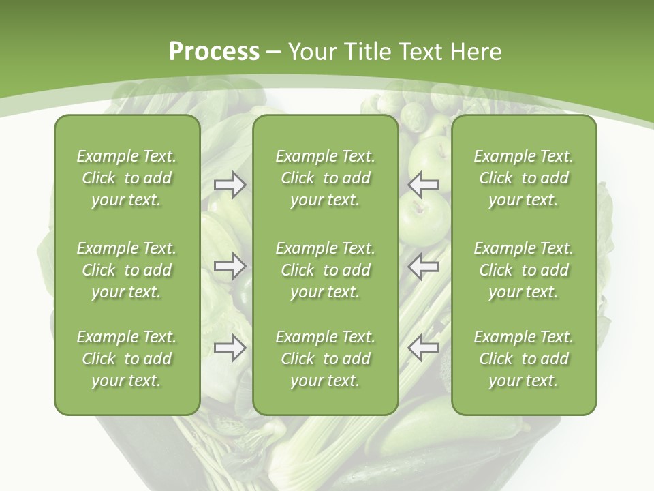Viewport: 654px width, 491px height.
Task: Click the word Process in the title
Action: pyautogui.click(x=214, y=51)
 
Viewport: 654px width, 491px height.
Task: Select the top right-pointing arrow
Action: pyautogui.click(x=230, y=185)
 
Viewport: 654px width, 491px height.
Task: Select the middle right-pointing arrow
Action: pyautogui.click(x=230, y=266)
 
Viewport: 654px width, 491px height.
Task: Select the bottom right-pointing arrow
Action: pyautogui.click(x=230, y=348)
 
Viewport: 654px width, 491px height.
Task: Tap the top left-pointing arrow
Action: pyautogui.click(x=424, y=185)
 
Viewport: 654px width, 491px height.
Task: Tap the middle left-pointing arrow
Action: pyautogui.click(x=424, y=266)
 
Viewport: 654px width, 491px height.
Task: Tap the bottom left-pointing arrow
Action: pyautogui.click(x=424, y=348)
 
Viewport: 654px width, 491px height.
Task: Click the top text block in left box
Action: pyautogui.click(x=127, y=178)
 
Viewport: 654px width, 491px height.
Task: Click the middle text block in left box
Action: pyautogui.click(x=127, y=270)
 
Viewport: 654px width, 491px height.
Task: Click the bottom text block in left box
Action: pyautogui.click(x=127, y=359)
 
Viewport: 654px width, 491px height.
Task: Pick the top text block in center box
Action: pyautogui.click(x=326, y=178)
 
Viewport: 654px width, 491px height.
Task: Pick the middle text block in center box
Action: pyautogui.click(x=326, y=270)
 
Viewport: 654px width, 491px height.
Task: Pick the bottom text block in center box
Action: pyautogui.click(x=326, y=359)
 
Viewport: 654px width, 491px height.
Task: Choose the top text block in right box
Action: pyautogui.click(x=524, y=178)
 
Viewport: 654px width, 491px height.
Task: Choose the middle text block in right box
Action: pyautogui.click(x=524, y=270)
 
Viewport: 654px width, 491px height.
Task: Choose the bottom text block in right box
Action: pyautogui.click(x=524, y=359)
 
